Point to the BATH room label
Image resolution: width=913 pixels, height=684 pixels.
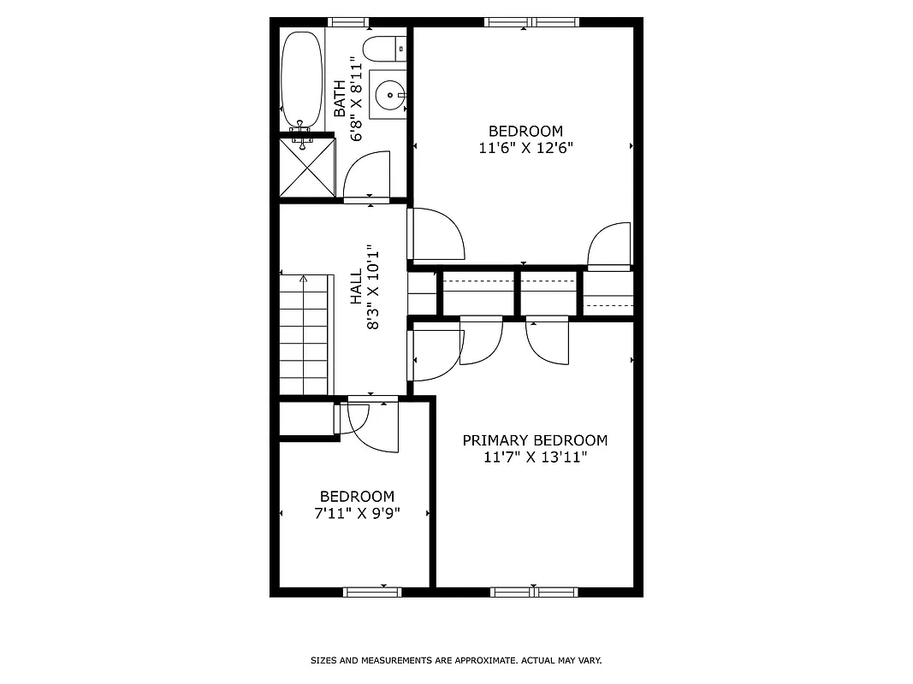340,98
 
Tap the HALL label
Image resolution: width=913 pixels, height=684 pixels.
355,289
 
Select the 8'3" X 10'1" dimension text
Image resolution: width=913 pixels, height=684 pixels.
373,289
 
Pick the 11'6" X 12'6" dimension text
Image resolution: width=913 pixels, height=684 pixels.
525,147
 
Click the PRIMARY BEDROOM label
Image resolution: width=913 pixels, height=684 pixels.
535,440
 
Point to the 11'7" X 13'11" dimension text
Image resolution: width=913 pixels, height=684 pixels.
535,457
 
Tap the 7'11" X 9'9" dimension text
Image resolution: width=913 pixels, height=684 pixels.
357,513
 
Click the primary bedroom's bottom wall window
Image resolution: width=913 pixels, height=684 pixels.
534,591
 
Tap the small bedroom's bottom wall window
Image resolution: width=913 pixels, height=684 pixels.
372,591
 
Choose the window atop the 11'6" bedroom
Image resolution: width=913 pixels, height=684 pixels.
532,22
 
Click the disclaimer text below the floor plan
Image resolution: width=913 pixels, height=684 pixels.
455,660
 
